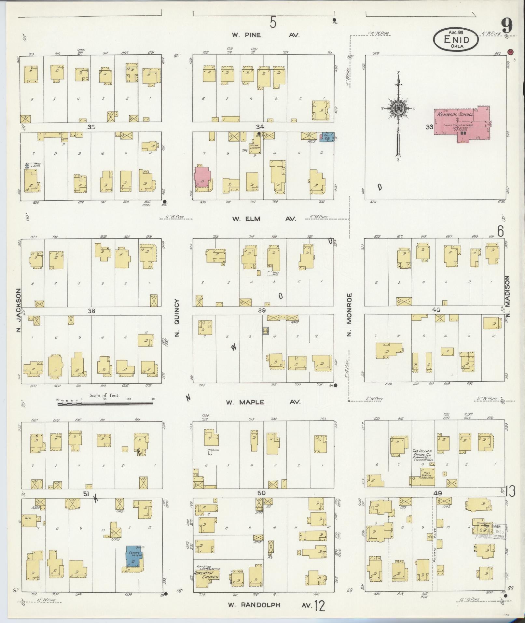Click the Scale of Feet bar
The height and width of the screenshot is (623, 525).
click(105, 404)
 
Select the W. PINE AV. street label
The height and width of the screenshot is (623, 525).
click(265, 35)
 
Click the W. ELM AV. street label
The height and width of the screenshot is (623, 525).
click(264, 219)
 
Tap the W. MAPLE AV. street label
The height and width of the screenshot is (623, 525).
click(263, 402)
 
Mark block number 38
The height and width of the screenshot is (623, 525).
click(91, 311)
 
